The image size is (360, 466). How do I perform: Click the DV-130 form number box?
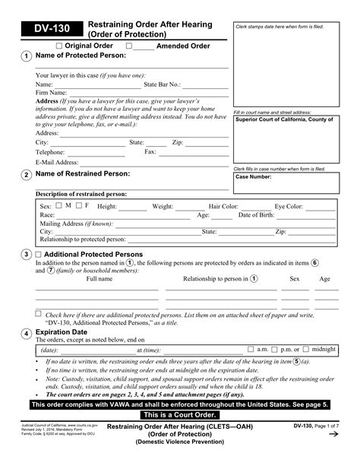coord(50,30)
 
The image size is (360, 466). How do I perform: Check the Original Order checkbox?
coord(59,46)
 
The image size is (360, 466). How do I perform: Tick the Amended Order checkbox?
coord(128,46)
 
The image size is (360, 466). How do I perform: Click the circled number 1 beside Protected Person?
coord(27,57)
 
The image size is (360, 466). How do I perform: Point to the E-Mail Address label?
coord(57,162)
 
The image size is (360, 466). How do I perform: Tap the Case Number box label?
coord(253,176)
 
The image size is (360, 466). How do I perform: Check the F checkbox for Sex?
coord(78,205)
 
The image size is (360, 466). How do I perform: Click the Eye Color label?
coord(289,206)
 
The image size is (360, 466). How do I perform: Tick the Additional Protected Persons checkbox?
coord(39,254)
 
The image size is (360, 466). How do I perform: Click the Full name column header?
coord(99,279)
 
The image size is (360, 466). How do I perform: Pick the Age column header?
coord(324,279)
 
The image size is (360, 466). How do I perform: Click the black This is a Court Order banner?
coord(179,417)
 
